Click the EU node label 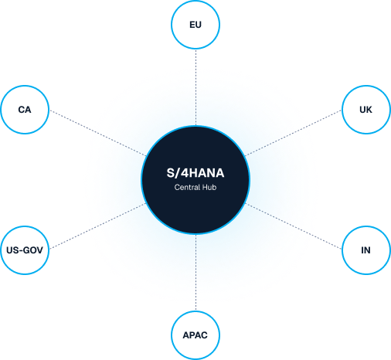195,25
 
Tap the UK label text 365,110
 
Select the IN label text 365,250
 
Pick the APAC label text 195,335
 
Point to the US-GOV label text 25,250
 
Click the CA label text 25,110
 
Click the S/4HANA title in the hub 195,173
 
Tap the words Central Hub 195,187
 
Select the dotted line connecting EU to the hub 195,87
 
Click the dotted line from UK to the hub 293,133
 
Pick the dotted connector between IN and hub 293,226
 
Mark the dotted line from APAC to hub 195,273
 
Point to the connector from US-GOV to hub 98,226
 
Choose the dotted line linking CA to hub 98,133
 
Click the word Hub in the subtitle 209,187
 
